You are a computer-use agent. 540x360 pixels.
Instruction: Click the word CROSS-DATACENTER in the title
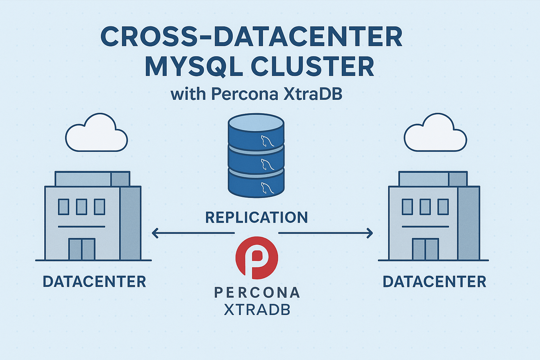[251, 37]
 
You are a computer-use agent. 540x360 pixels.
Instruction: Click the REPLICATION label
[256, 218]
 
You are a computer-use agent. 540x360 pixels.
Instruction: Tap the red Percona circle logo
[256, 256]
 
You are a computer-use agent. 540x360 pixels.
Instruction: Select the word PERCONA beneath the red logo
[257, 292]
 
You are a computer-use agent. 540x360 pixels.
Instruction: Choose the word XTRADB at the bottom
[257, 310]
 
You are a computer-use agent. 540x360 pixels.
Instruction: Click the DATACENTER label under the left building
[94, 282]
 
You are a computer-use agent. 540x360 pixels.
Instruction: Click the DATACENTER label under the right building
[434, 282]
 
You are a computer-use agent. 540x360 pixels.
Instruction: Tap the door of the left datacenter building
[82, 249]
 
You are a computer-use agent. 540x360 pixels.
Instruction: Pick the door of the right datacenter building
[425, 249]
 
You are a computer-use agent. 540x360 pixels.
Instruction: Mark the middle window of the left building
[82, 207]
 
